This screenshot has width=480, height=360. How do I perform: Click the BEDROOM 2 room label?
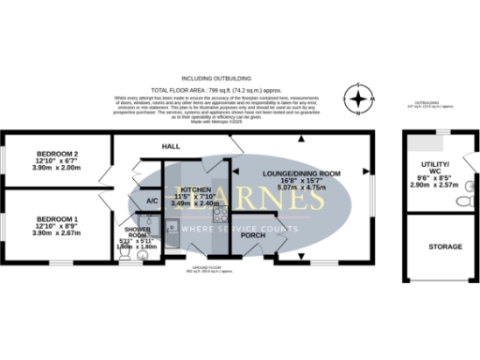click(55, 153)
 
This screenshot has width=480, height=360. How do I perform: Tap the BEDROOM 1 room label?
click(55, 217)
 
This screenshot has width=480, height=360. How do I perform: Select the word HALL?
click(171, 147)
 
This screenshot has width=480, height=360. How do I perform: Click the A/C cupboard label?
click(151, 201)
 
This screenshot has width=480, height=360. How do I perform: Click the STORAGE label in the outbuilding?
click(438, 247)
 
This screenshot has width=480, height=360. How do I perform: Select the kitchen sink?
click(175, 226)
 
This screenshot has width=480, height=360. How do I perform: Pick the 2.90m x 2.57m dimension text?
click(438, 186)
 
